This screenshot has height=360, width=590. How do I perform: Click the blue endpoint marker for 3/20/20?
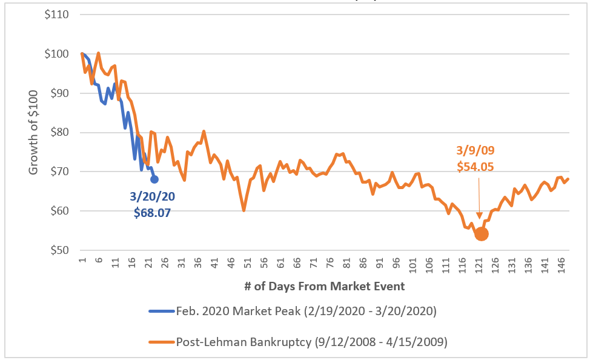pos(154,179)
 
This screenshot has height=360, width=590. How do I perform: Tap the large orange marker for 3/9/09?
pos(482,234)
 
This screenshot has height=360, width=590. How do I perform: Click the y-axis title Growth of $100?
pos(34,132)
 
